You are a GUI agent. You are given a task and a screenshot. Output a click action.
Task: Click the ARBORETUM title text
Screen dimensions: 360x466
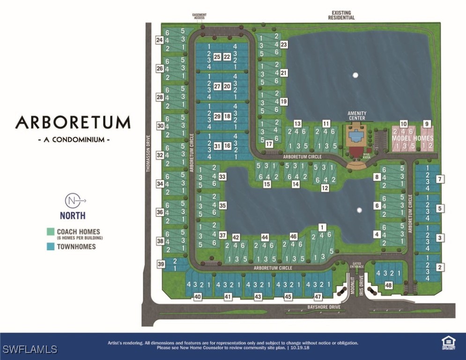tap(73, 123)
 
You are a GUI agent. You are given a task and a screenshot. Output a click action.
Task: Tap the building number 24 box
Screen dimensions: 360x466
tap(160, 40)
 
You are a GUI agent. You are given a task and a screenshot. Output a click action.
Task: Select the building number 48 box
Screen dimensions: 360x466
tap(388, 285)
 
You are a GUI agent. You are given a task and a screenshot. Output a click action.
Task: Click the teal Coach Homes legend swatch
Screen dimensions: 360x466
tap(51, 232)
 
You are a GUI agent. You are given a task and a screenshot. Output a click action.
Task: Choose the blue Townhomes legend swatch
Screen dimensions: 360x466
tap(51, 246)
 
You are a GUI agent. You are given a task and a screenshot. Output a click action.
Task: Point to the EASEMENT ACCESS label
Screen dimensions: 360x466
tap(199, 16)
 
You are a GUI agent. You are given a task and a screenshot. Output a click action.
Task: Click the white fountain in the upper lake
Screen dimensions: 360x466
tap(355, 75)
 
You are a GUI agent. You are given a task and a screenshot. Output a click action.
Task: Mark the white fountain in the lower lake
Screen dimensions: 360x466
tap(359, 210)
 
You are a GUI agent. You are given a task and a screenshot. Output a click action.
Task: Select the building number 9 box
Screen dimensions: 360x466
tap(427, 123)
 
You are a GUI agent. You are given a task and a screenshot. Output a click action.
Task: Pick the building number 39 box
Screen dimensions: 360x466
tap(161, 265)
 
